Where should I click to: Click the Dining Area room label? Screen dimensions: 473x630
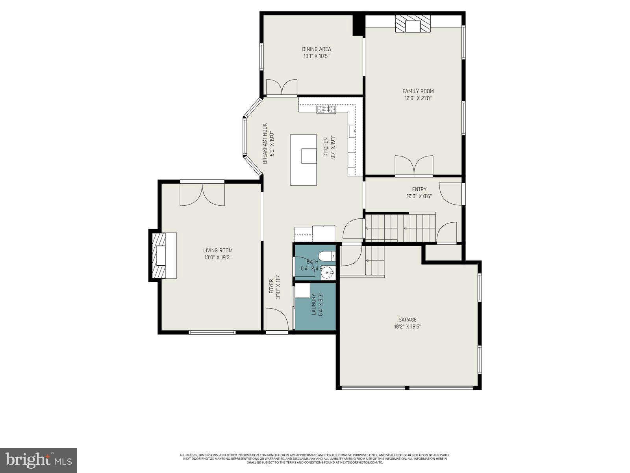click(x=316, y=49)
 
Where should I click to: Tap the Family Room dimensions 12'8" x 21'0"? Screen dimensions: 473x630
click(x=418, y=99)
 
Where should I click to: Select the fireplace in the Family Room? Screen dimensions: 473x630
click(x=413, y=25)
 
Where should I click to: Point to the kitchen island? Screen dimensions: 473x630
click(x=303, y=160)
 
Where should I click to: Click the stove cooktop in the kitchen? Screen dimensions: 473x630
click(x=326, y=109)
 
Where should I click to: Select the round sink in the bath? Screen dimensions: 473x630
click(x=327, y=272)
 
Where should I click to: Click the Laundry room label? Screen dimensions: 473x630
click(x=314, y=304)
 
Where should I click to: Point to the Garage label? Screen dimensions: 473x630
click(x=407, y=320)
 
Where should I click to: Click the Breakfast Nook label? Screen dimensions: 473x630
click(x=265, y=143)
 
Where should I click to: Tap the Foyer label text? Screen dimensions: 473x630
click(x=271, y=286)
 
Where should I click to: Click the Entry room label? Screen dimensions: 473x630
click(x=419, y=189)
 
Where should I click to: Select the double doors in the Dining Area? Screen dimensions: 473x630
click(x=282, y=87)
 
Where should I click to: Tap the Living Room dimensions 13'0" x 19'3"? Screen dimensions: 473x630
click(x=217, y=257)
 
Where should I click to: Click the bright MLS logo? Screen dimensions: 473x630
click(x=38, y=460)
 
